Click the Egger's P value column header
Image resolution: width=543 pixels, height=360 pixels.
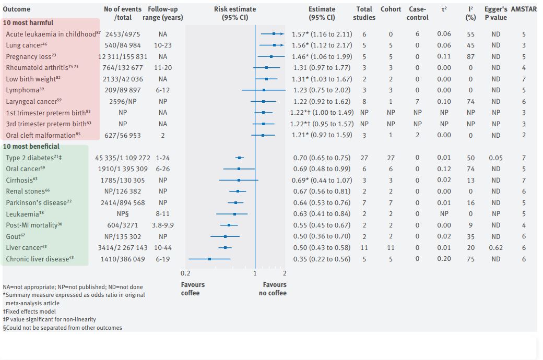[495, 13]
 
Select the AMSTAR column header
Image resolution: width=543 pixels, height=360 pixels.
[524, 9]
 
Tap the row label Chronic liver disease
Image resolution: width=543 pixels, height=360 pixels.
[37, 259]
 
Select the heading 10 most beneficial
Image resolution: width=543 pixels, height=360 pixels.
[31, 147]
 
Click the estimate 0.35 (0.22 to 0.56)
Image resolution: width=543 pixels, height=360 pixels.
[322, 259]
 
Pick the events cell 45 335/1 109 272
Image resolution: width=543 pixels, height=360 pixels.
[123, 158]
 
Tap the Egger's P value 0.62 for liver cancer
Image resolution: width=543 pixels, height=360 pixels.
[495, 248]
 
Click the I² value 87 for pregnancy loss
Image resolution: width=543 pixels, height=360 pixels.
[471, 56]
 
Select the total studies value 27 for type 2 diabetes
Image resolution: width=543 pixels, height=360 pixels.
[364, 158]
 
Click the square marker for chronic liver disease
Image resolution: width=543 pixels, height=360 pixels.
[210, 259]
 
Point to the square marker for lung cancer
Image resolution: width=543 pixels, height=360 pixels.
[274, 45]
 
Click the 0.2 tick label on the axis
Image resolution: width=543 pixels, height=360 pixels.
[185, 273]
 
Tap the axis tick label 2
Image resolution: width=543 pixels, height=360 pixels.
[285, 273]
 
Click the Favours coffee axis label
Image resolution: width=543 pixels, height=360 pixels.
[193, 289]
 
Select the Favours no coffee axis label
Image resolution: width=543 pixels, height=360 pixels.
[273, 289]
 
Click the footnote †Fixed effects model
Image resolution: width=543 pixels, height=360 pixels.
[29, 311]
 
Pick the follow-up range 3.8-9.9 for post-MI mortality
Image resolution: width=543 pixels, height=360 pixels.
[163, 225]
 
